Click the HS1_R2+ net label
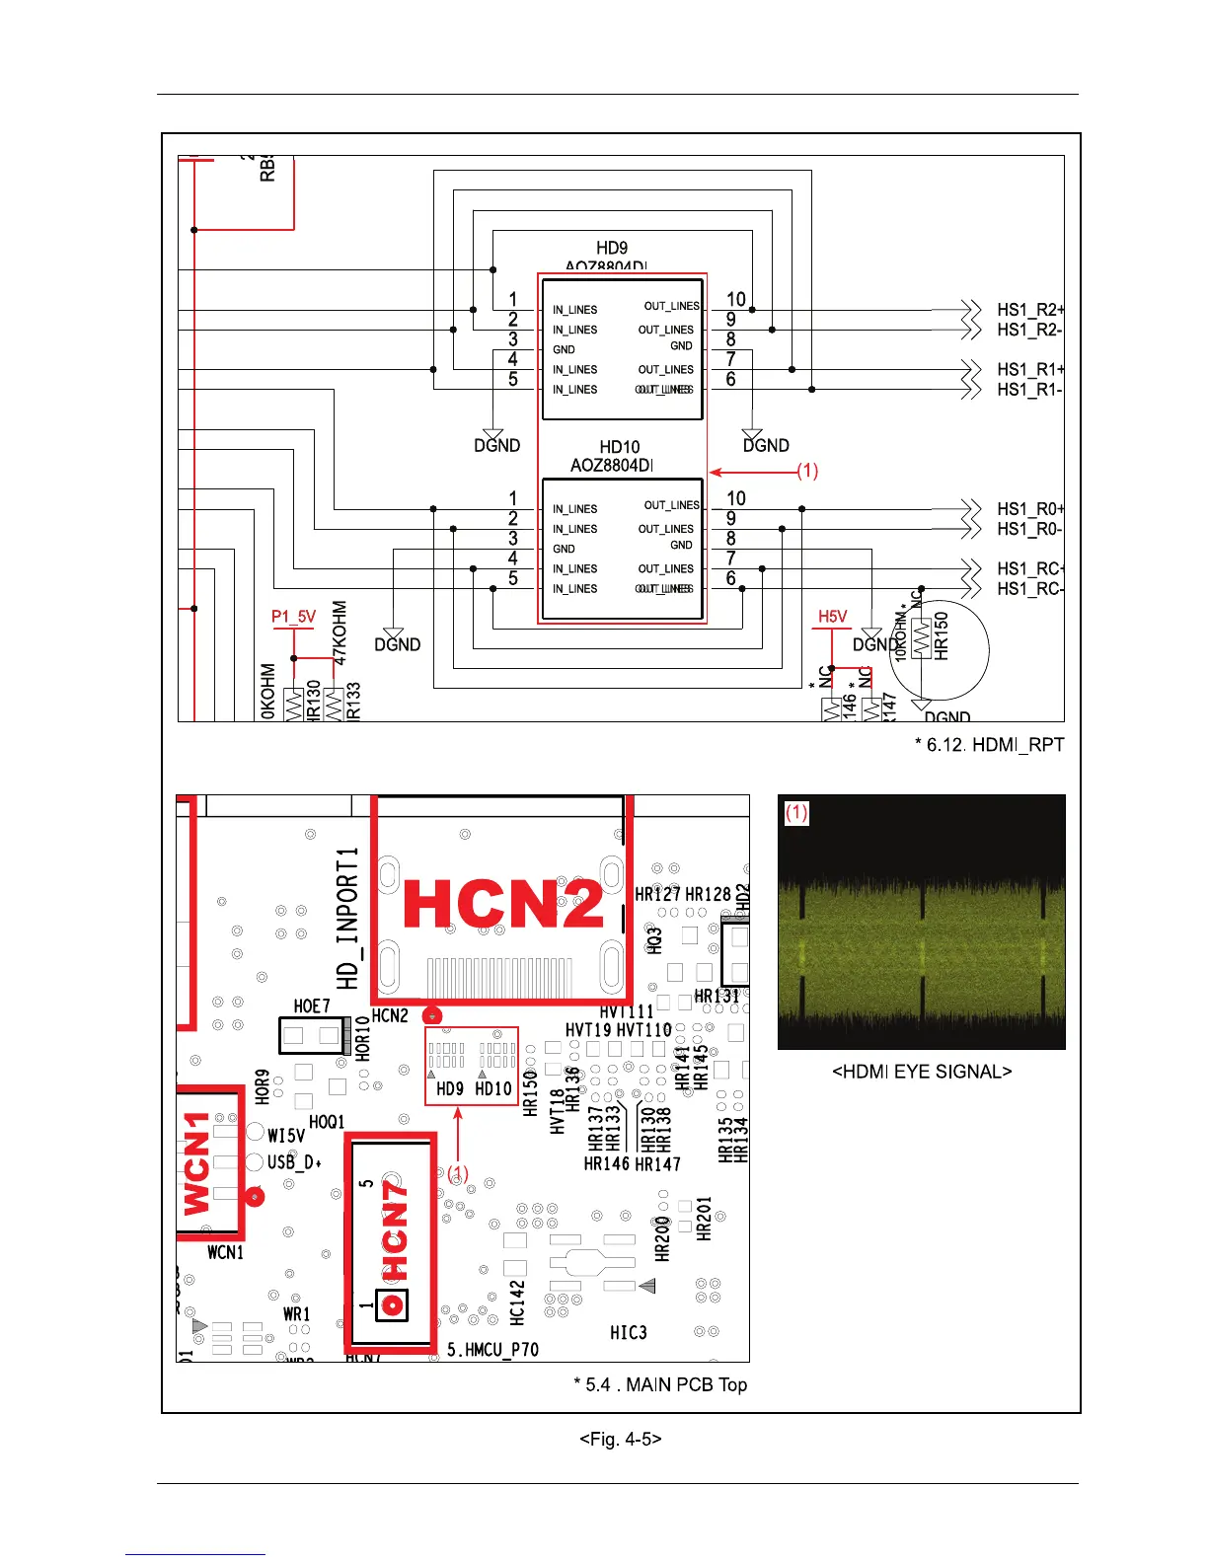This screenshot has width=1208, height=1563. point(1029,310)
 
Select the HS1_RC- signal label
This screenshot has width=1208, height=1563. point(1029,589)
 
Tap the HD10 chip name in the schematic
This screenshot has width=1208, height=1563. point(620,447)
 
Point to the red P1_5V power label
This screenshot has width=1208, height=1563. point(293,617)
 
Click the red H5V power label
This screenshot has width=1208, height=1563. point(832,617)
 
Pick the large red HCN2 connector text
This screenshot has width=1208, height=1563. point(503,904)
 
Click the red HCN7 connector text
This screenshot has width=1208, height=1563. point(394,1239)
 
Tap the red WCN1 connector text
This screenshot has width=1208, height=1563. point(198,1163)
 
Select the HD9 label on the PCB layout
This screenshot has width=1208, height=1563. point(450,1089)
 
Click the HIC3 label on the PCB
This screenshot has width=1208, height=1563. point(629,1333)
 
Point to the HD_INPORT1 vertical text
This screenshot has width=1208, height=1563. point(347,918)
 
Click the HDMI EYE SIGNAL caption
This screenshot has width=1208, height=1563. point(922,1072)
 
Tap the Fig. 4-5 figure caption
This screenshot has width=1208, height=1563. point(620,1439)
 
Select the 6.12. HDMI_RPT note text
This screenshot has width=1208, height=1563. point(989,745)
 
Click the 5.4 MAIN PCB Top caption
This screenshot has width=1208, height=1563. point(660,1384)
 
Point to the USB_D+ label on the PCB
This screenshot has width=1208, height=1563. point(294,1162)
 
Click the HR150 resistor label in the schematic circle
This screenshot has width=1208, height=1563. point(941,636)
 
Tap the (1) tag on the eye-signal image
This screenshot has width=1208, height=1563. point(796,812)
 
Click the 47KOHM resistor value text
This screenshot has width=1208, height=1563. point(340,633)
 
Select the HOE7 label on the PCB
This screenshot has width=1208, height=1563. point(312,1006)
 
